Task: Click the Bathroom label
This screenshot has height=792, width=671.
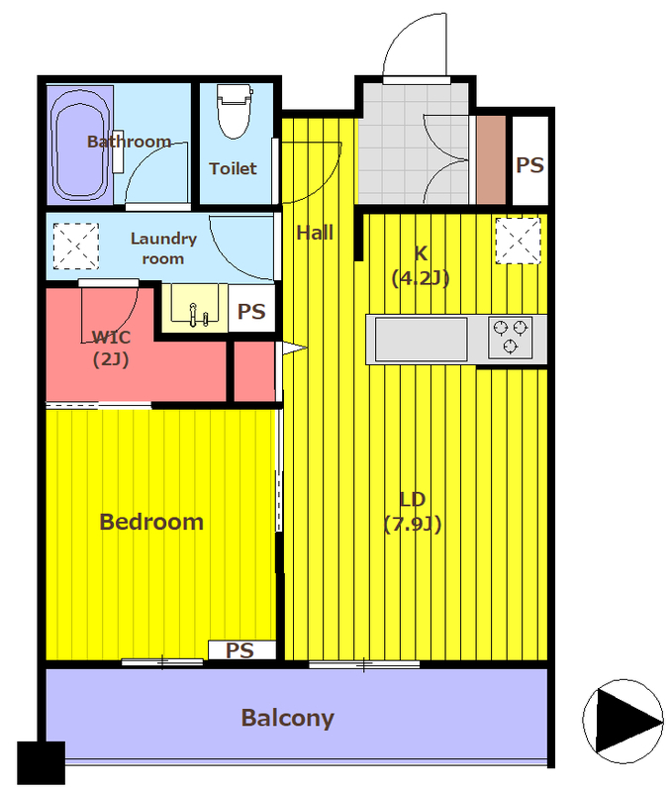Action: pyautogui.click(x=130, y=142)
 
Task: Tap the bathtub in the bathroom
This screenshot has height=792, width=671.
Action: pyautogui.click(x=80, y=146)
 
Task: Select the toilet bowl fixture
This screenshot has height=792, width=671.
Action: pyautogui.click(x=235, y=111)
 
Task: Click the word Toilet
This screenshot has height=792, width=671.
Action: pyautogui.click(x=233, y=168)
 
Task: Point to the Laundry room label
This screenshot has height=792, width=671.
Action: pyautogui.click(x=163, y=248)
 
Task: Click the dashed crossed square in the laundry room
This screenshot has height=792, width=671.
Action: pyautogui.click(x=76, y=246)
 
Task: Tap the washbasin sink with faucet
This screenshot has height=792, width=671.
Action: pyautogui.click(x=195, y=305)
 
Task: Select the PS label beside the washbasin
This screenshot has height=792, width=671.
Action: pyautogui.click(x=251, y=312)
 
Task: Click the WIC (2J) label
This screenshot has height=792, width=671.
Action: pyautogui.click(x=111, y=348)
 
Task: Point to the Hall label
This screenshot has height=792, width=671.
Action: pyautogui.click(x=315, y=233)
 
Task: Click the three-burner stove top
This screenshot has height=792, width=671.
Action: pyautogui.click(x=510, y=337)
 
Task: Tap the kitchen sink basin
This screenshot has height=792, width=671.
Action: pyautogui.click(x=421, y=339)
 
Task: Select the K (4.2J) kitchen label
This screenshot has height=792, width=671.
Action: pyautogui.click(x=421, y=265)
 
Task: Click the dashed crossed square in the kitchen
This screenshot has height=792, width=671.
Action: pyautogui.click(x=518, y=241)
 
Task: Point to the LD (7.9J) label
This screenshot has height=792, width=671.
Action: pyautogui.click(x=413, y=512)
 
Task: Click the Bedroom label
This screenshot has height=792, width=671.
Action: pyautogui.click(x=151, y=522)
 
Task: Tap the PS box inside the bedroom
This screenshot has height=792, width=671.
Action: pyautogui.click(x=241, y=650)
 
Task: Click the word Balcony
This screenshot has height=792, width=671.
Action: pyautogui.click(x=288, y=718)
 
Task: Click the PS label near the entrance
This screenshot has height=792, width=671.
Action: pyautogui.click(x=530, y=165)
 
